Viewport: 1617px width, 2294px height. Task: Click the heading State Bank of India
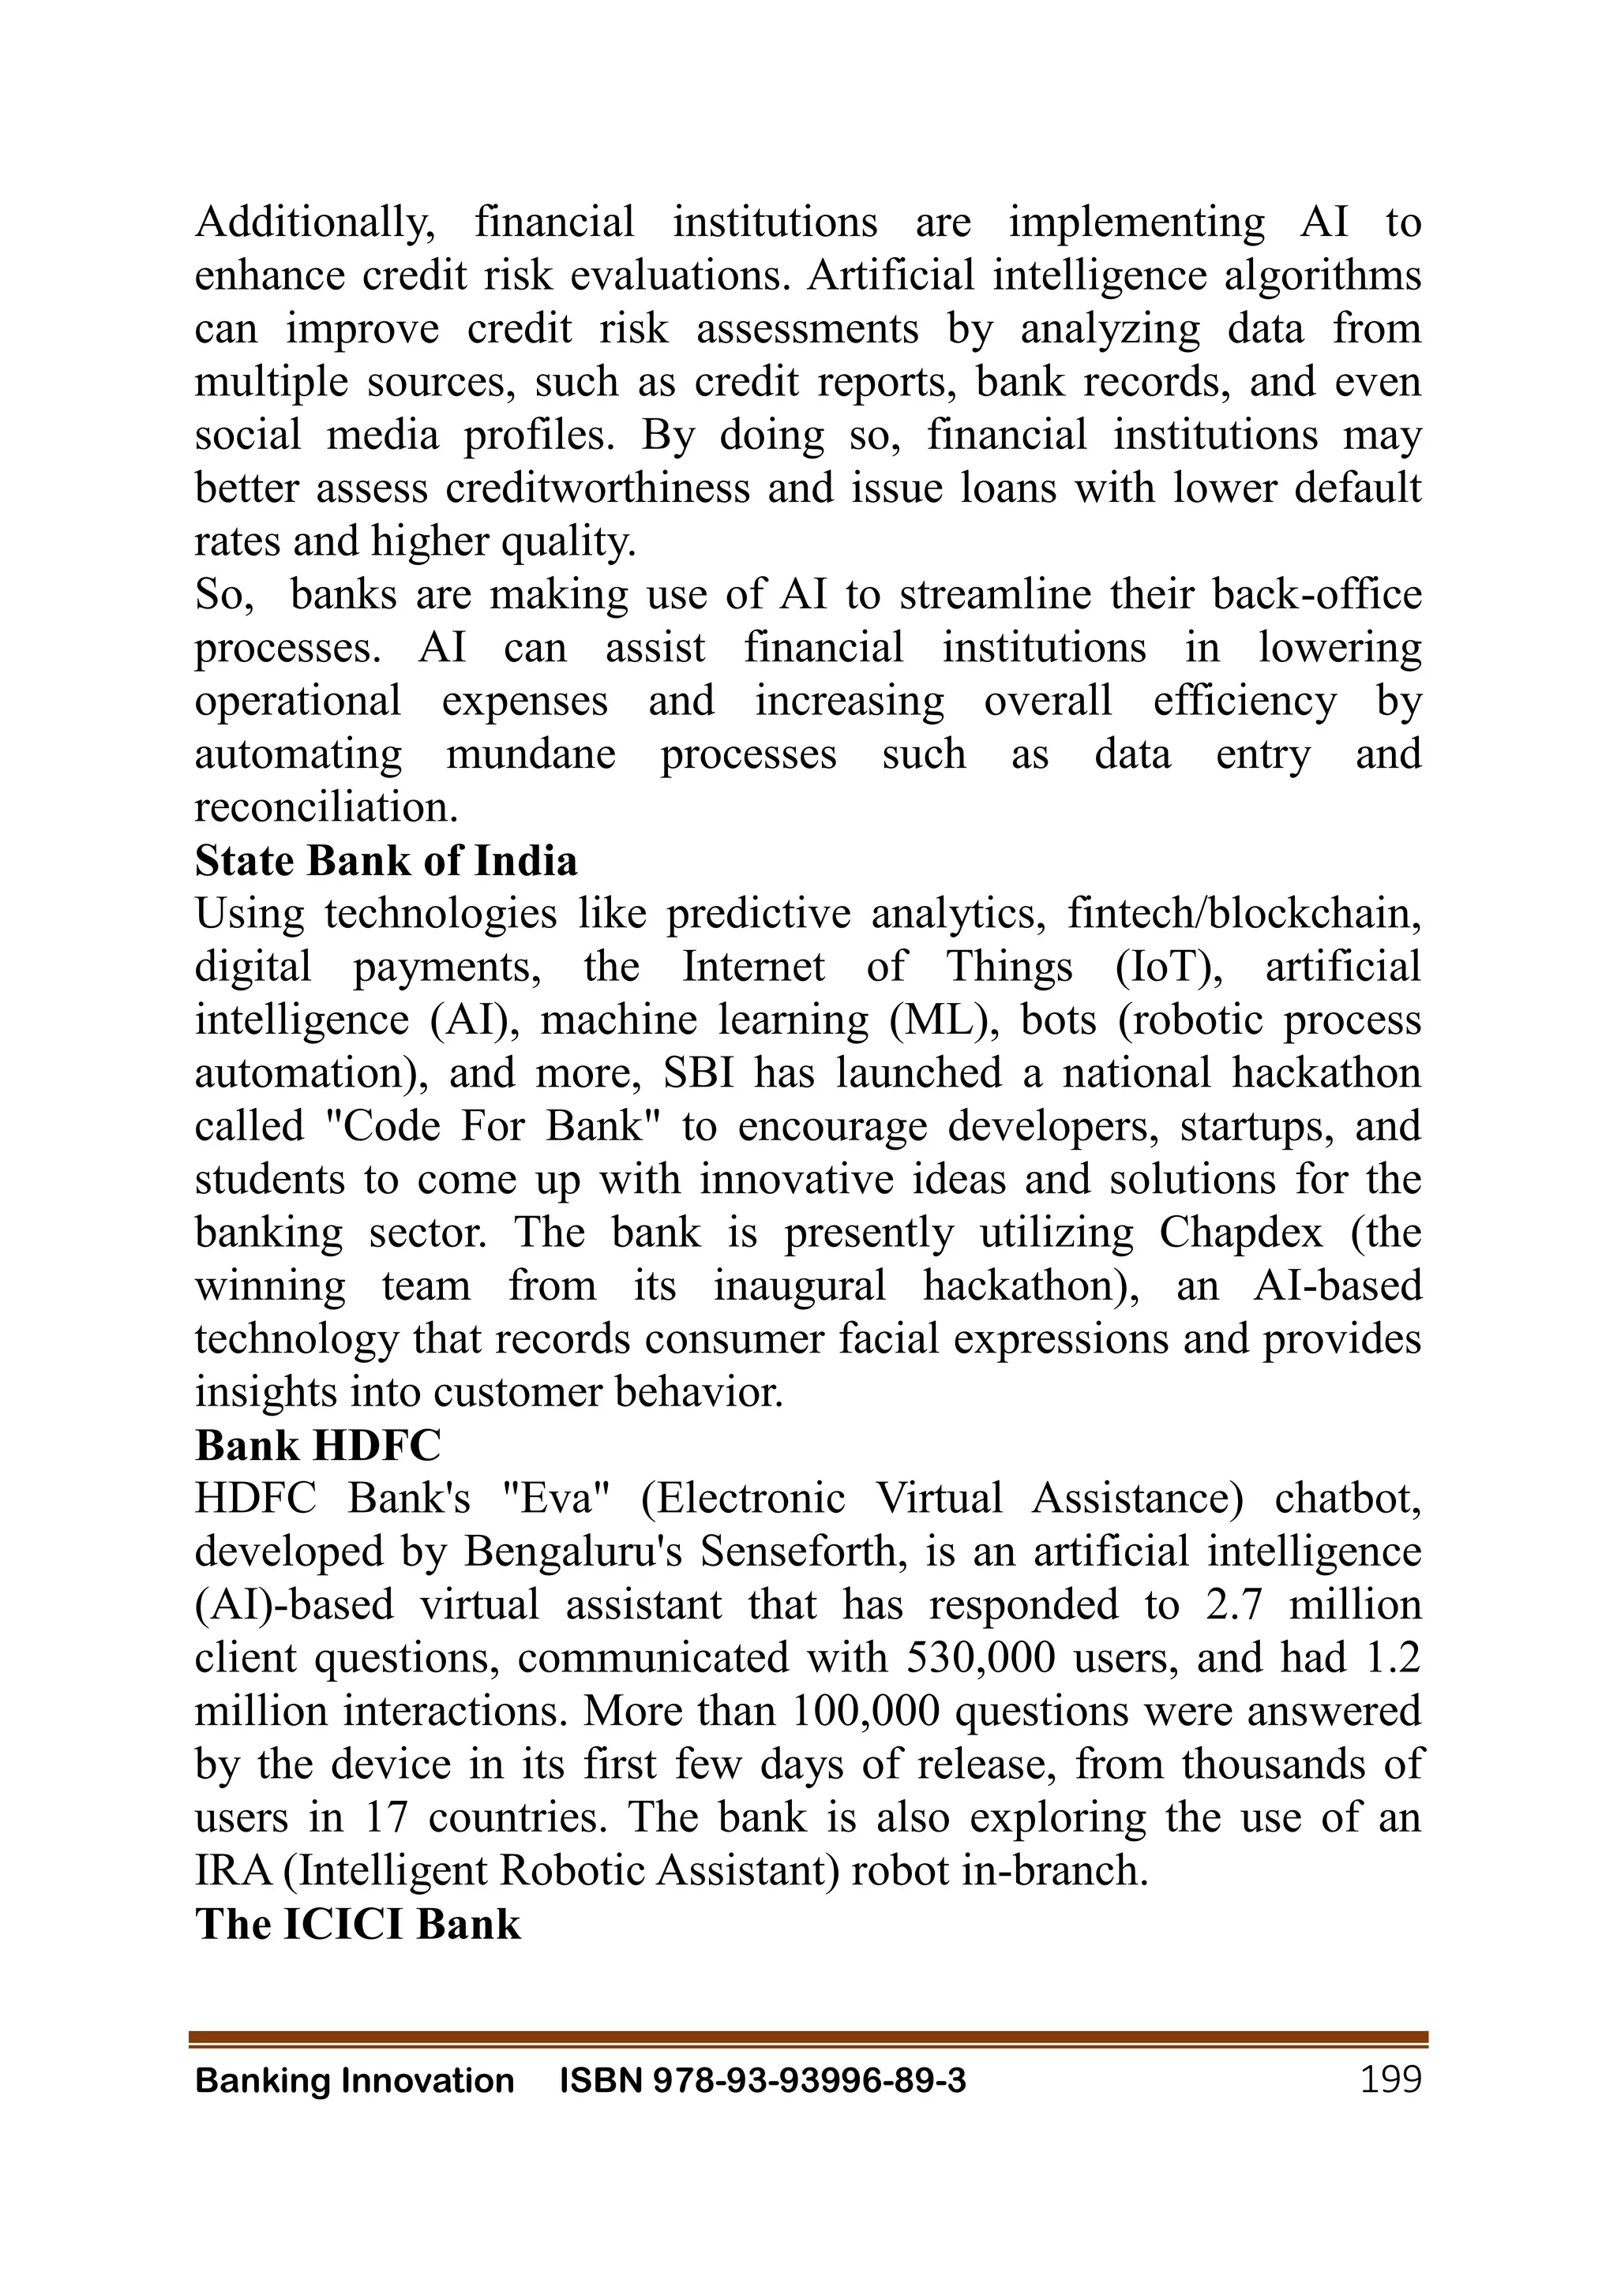(x=386, y=861)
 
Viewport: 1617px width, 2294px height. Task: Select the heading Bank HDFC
(x=318, y=1445)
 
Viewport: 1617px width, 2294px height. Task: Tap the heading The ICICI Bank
(x=358, y=1923)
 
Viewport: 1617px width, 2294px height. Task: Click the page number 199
(x=1390, y=2080)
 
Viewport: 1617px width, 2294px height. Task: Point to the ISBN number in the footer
(x=763, y=2081)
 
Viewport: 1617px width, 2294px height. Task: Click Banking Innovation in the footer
(x=354, y=2081)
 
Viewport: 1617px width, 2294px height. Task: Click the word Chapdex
(x=1240, y=1232)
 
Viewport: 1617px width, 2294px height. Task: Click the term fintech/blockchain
(x=1244, y=913)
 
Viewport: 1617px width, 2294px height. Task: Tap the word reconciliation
(x=326, y=807)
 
